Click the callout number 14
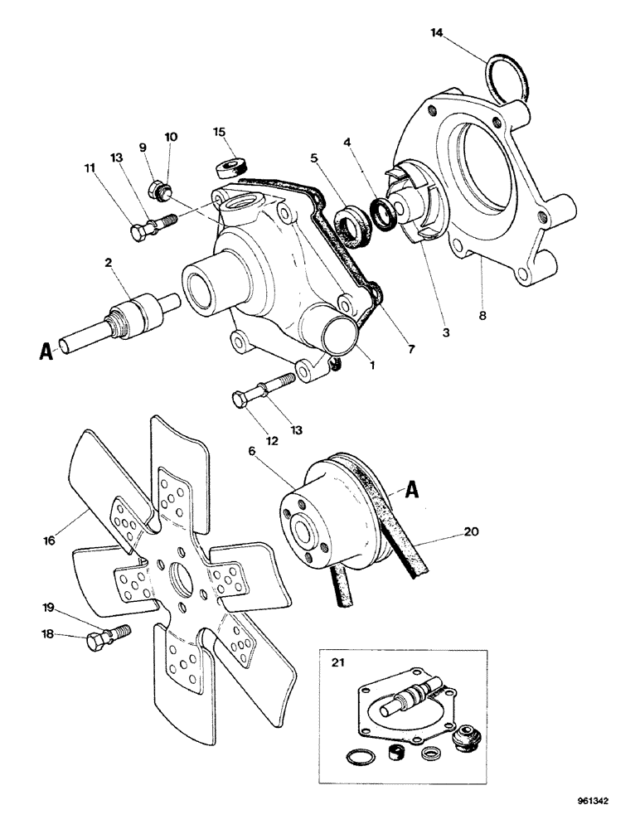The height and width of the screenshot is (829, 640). [x=437, y=32]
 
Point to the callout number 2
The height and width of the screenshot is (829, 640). [x=109, y=262]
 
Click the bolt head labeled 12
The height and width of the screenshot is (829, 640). [x=240, y=401]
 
